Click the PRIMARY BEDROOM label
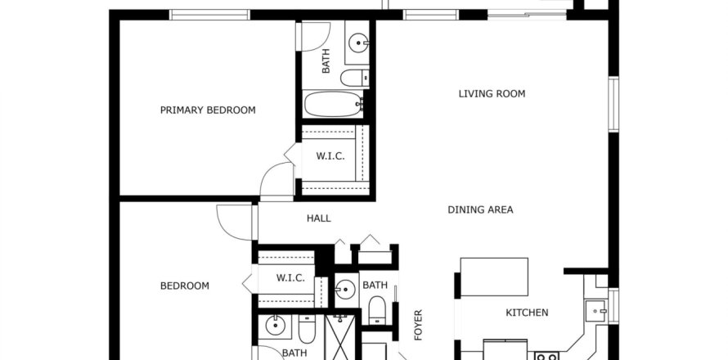[208, 110]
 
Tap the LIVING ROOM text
[492, 94]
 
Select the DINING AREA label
[480, 209]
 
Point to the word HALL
[319, 218]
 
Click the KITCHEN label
[527, 313]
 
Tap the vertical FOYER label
[418, 325]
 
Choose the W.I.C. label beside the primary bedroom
[330, 156]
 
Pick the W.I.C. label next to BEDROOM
[290, 278]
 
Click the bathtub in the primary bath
[334, 104]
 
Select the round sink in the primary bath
[359, 44]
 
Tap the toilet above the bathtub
[355, 78]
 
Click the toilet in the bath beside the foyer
[376, 310]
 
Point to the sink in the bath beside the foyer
[345, 290]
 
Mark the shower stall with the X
[340, 338]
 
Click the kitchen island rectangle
[494, 277]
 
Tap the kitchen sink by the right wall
[596, 311]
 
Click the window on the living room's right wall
[613, 105]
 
